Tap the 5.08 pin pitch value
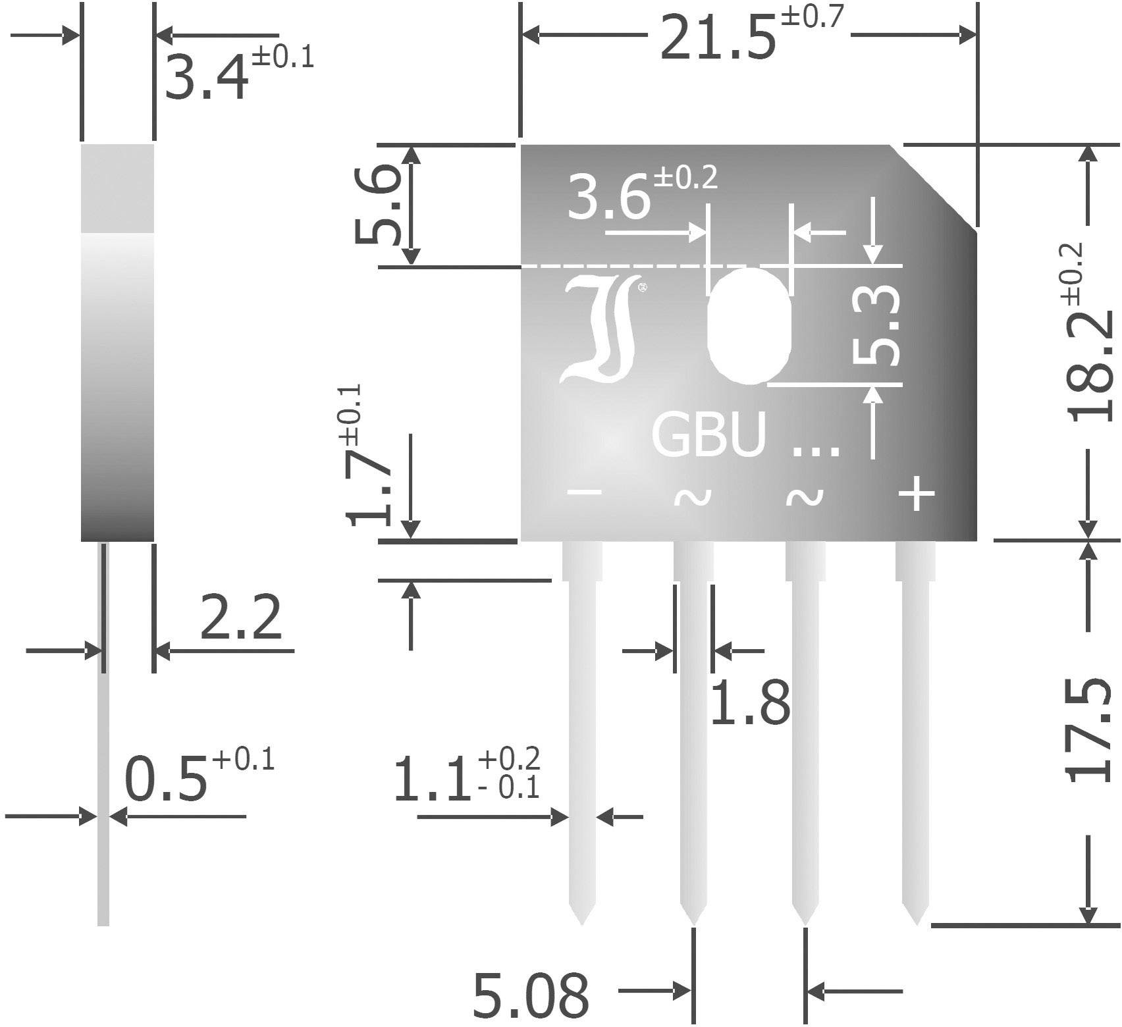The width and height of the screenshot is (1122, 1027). (x=531, y=995)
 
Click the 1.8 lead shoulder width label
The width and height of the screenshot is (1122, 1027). (x=751, y=702)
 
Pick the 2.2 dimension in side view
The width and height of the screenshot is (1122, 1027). (x=240, y=618)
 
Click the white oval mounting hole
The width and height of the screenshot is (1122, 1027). (x=749, y=325)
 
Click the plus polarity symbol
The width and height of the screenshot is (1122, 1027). (x=917, y=494)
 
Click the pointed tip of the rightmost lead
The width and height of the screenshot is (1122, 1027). (x=915, y=922)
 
